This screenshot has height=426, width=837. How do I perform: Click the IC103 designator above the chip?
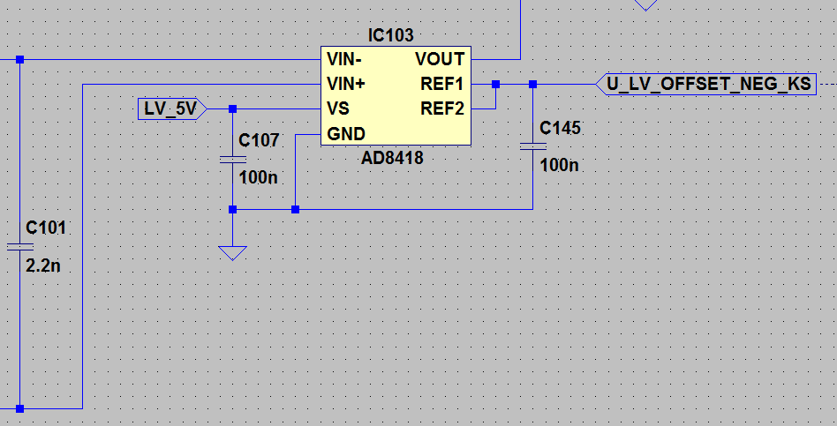click(x=390, y=36)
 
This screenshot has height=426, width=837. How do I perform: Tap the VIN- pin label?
click(x=345, y=60)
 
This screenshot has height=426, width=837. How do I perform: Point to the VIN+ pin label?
click(x=347, y=85)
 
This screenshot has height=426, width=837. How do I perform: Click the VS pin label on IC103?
click(x=338, y=109)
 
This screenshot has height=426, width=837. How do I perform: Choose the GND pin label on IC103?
click(x=346, y=134)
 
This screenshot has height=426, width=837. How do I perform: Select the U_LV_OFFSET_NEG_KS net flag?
click(x=707, y=85)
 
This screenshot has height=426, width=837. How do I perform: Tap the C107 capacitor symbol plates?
click(x=232, y=160)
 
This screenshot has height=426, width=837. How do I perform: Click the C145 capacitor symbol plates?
click(x=532, y=146)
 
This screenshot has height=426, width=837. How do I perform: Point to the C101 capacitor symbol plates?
click(x=19, y=246)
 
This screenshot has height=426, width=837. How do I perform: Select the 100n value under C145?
click(x=560, y=165)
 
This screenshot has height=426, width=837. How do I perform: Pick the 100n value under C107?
click(x=258, y=177)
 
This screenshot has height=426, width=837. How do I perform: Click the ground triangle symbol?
click(x=232, y=253)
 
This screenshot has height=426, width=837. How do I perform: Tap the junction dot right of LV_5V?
click(x=232, y=109)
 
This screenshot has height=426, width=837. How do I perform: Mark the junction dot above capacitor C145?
click(x=532, y=85)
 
